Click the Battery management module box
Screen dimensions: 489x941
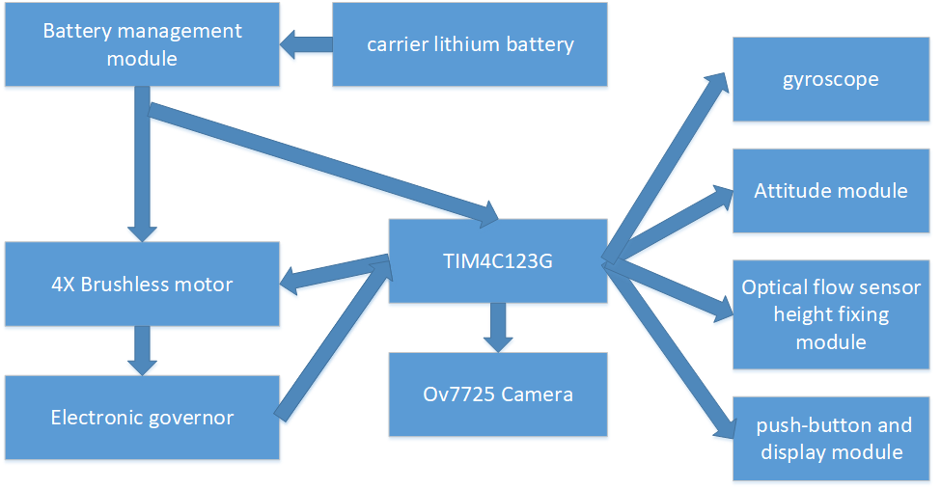click(142, 44)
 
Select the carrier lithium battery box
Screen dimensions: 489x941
click(470, 44)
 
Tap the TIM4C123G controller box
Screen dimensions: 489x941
click(497, 259)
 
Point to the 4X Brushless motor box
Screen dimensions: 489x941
click(142, 284)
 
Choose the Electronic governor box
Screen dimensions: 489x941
click(142, 417)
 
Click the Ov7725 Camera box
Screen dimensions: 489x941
click(497, 394)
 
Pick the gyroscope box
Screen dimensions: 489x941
click(830, 79)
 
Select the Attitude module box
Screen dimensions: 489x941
click(830, 190)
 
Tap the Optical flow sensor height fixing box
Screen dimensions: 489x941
click(830, 314)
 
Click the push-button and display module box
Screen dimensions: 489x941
click(830, 439)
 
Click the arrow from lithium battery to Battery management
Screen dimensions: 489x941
click(306, 43)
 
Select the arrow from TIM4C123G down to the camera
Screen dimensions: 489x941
click(498, 327)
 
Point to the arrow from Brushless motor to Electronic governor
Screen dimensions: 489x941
click(143, 350)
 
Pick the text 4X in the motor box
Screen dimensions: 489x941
click(63, 284)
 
